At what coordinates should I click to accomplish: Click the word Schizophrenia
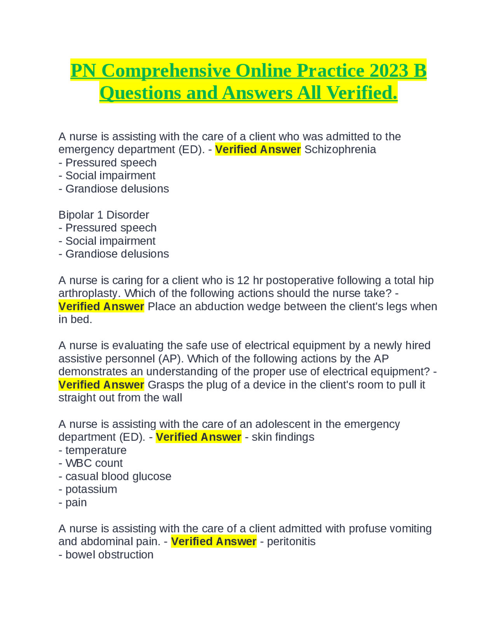(340, 149)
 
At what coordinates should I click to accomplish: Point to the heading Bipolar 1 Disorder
(104, 215)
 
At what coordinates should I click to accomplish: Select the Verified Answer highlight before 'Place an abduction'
(101, 306)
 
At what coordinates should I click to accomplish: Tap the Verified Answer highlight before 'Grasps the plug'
(101, 385)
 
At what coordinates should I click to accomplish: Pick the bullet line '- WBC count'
(90, 463)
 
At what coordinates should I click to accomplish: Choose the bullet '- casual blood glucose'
(115, 476)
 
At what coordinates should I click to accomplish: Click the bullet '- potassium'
(88, 489)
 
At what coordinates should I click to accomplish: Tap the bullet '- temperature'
(92, 450)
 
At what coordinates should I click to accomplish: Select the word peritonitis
(291, 542)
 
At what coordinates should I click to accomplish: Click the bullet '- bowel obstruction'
(106, 555)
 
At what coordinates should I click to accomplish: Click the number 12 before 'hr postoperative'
(243, 280)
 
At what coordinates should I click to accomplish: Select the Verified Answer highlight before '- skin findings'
(198, 437)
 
